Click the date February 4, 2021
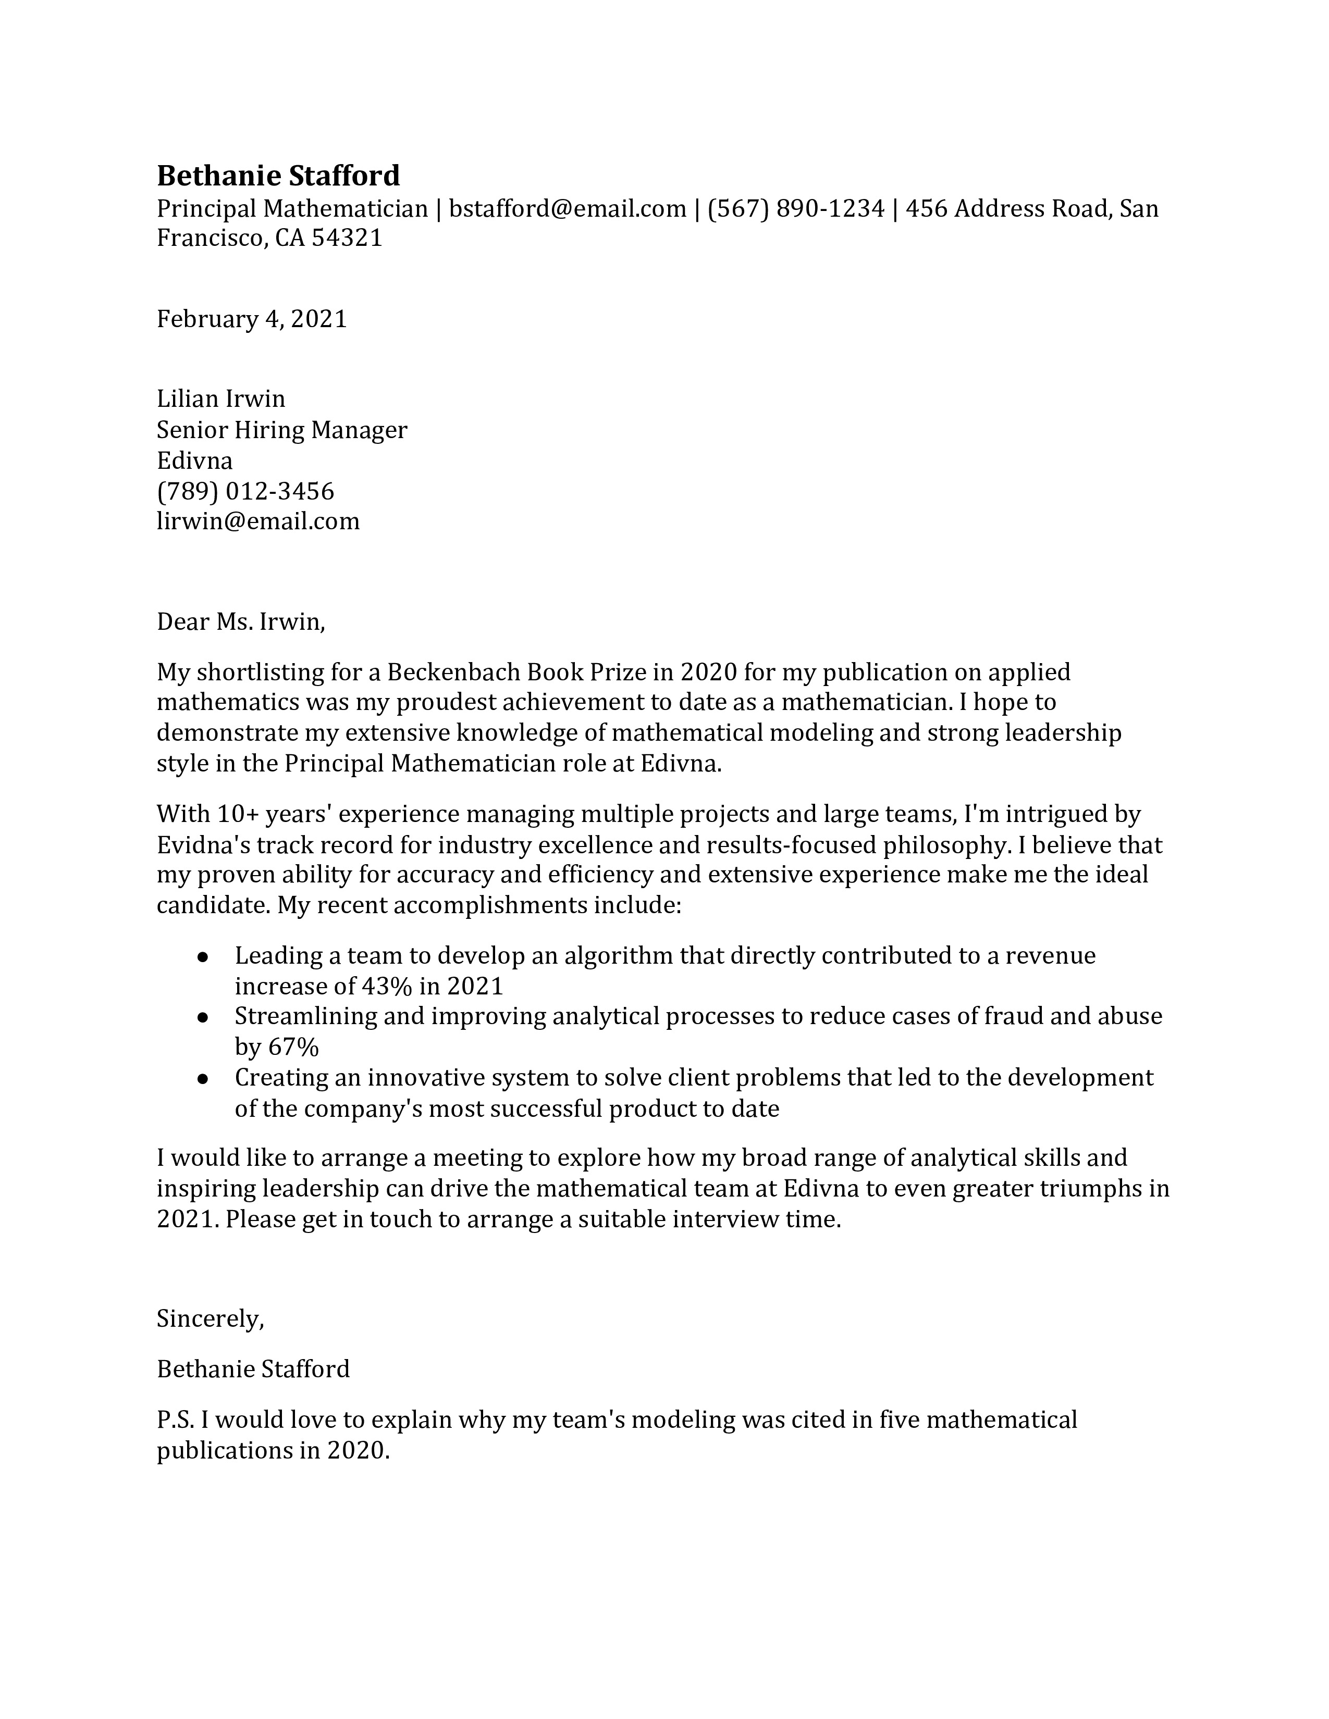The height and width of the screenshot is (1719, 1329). pos(252,319)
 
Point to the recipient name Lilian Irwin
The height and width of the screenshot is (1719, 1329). pos(220,399)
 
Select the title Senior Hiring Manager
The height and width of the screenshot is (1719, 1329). pos(282,430)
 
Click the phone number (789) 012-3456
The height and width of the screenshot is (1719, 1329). pos(245,491)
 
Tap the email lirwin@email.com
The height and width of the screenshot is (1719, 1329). pos(258,521)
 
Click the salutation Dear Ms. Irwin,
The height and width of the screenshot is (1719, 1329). pos(241,622)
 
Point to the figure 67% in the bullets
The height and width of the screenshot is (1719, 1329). pos(293,1047)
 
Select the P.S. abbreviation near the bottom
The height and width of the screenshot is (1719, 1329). pos(176,1420)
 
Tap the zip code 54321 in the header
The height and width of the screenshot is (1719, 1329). pos(347,238)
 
